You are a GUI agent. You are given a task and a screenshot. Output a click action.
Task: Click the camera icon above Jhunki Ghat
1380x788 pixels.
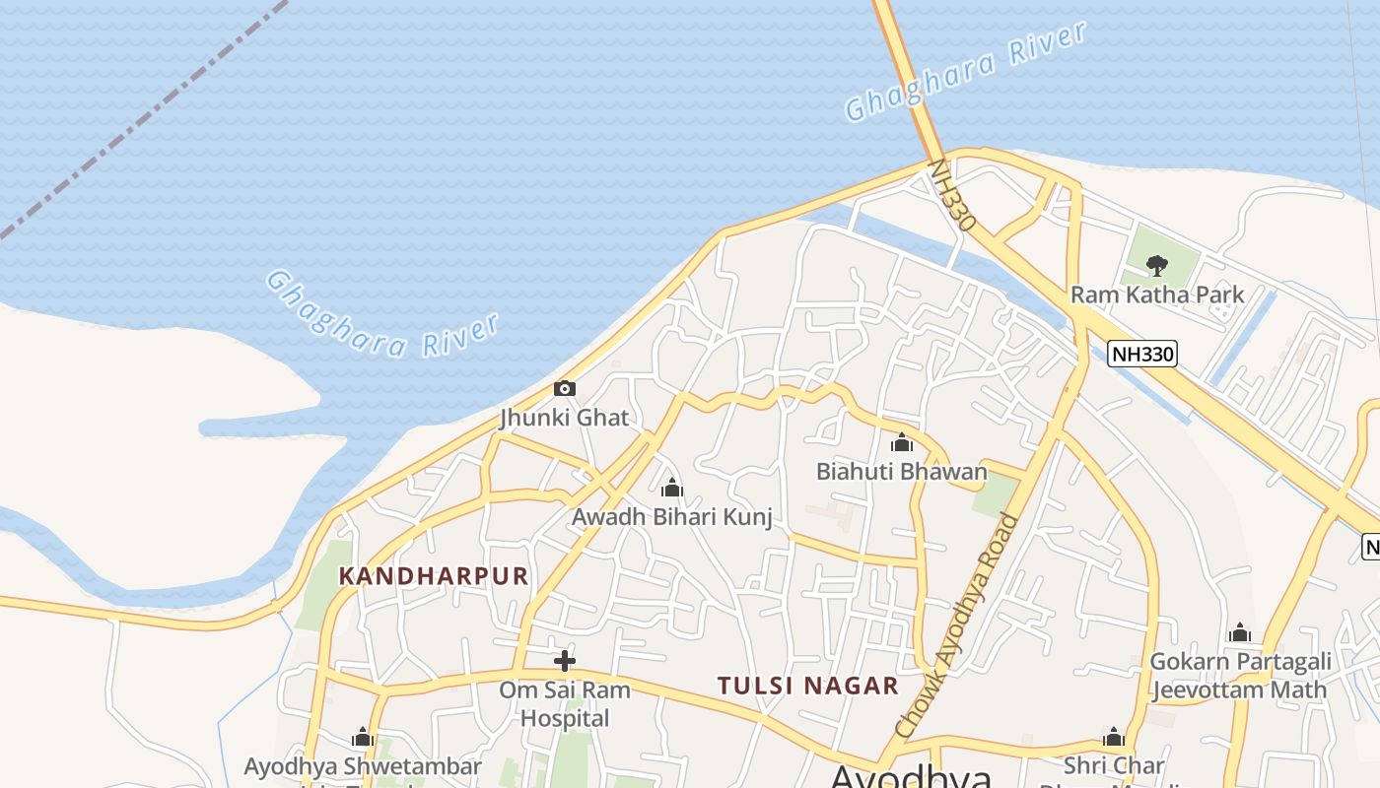point(564,388)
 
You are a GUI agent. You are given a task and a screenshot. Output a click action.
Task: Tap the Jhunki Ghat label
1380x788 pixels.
point(564,418)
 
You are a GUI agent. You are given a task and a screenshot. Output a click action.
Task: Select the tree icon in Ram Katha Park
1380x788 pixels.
point(1156,264)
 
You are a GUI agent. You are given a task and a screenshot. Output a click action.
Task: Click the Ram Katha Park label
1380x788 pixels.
point(1157,295)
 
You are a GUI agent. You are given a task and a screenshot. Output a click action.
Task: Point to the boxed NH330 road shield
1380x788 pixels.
point(1142,354)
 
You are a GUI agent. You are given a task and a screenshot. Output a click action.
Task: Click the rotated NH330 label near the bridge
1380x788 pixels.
point(952,196)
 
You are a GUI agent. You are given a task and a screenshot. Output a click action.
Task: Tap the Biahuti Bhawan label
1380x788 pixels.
point(901,472)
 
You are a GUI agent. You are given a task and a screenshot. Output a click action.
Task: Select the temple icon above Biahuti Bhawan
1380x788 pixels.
point(901,443)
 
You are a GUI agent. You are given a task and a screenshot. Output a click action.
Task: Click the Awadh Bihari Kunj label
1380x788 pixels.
point(671,516)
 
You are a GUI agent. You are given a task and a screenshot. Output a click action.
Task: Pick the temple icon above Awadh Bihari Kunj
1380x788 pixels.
point(671,488)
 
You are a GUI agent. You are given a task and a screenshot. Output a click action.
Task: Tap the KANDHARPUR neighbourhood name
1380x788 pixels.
point(434,576)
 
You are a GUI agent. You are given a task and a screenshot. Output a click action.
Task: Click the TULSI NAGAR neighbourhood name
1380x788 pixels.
point(807,686)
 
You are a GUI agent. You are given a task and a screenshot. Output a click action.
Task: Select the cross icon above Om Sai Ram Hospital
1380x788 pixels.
point(565,660)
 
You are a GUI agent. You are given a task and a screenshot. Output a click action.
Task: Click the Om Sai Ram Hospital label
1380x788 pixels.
point(565,704)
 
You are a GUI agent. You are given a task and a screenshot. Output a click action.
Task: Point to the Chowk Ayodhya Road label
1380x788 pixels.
point(957,624)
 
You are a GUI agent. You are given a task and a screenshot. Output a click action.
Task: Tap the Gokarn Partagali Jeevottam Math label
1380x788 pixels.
point(1239,675)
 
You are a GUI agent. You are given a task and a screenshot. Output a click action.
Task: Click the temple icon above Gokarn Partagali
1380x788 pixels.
point(1240,632)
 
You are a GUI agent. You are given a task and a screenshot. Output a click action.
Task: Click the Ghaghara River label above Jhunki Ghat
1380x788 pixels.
point(382,314)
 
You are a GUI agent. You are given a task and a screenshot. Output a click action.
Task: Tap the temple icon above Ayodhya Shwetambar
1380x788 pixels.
point(363,738)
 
